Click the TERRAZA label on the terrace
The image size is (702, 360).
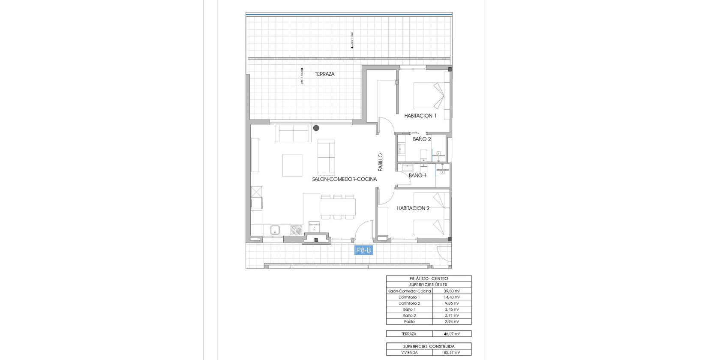click(324, 74)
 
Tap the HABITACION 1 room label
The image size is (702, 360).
click(420, 116)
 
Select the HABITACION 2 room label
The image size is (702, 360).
click(413, 208)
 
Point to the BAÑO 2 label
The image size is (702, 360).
click(422, 139)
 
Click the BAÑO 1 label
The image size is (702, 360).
click(417, 175)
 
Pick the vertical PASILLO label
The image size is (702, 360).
click(381, 162)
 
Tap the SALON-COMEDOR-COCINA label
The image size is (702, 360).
click(344, 179)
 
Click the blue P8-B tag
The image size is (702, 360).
click(363, 250)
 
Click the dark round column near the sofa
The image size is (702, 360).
click(316, 128)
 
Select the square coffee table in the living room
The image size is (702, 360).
click(292, 165)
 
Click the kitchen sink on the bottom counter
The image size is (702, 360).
click(275, 230)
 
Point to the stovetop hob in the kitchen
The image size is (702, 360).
click(296, 230)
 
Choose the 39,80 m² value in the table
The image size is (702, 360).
click(452, 291)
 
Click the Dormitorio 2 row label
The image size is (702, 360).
click(409, 303)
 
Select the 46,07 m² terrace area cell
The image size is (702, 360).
click(452, 334)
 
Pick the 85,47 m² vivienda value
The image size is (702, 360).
click(452, 353)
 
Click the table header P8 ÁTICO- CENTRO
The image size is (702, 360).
click(429, 279)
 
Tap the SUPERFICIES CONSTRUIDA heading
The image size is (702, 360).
click(429, 346)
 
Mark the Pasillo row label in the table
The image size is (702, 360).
click(409, 321)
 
